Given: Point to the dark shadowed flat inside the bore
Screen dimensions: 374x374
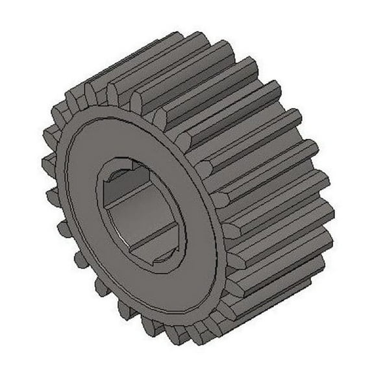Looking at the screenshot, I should pyautogui.click(x=123, y=189).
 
